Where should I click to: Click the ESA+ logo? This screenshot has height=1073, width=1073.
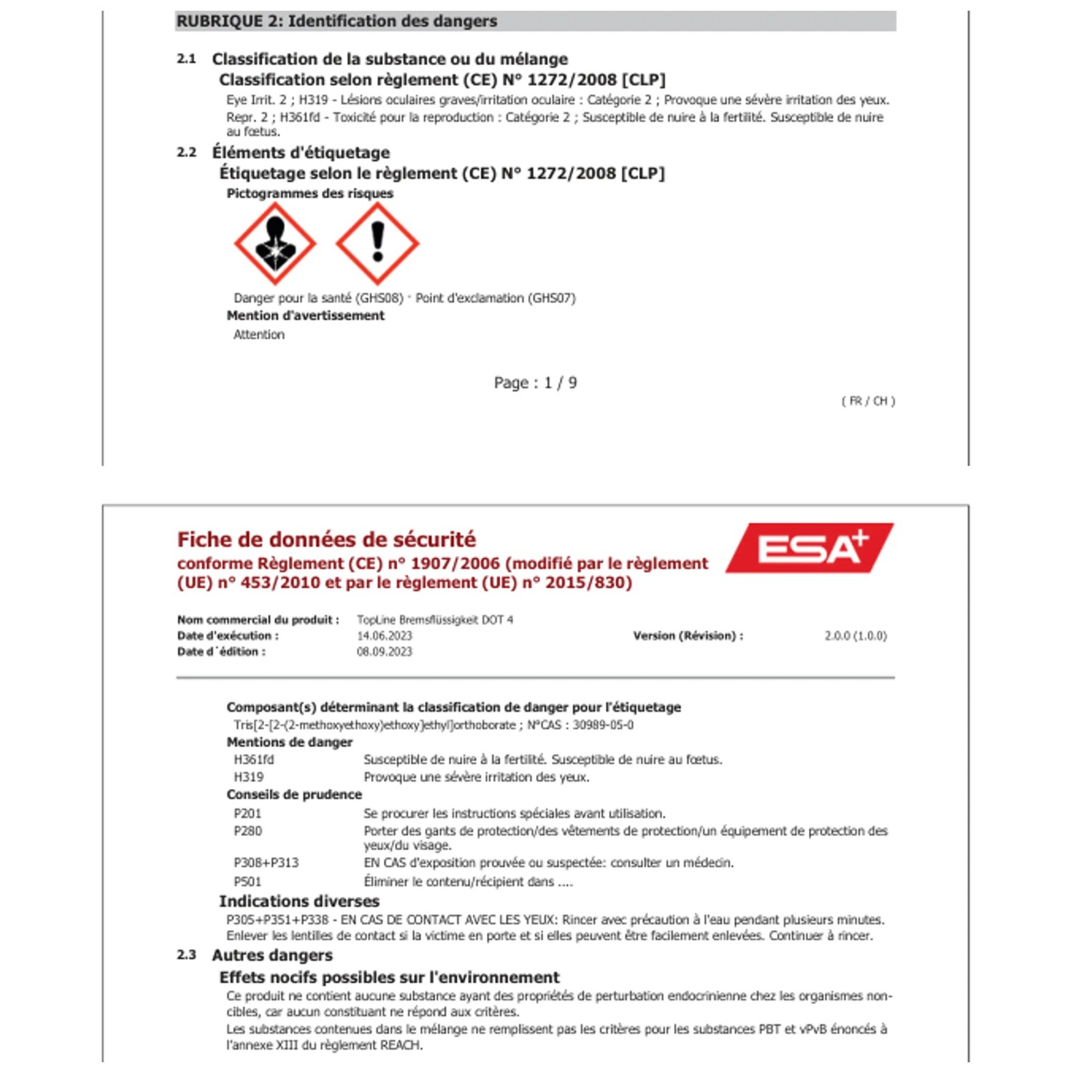tap(810, 548)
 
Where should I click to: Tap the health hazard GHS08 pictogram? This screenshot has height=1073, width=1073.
tap(275, 243)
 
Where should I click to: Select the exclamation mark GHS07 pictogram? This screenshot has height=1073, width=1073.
tap(377, 243)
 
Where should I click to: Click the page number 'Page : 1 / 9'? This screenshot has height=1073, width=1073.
tap(535, 383)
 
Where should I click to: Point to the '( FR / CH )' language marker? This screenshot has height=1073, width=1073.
tap(868, 401)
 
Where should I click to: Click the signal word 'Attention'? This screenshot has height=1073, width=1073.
tap(259, 335)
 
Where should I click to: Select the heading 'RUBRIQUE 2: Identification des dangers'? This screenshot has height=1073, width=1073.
tap(336, 21)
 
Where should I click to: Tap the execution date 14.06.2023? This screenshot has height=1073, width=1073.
tap(385, 636)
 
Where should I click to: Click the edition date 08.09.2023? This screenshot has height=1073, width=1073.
tap(385, 652)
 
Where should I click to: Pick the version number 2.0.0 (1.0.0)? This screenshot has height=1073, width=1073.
tap(856, 636)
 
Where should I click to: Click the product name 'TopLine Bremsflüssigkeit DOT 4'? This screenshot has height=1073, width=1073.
tap(435, 619)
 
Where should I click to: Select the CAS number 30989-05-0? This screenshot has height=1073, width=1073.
tap(603, 725)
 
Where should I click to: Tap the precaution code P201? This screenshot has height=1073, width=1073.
tap(248, 813)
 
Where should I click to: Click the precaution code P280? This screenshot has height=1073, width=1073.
tap(248, 831)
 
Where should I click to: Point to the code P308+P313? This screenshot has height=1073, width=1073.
tap(266, 863)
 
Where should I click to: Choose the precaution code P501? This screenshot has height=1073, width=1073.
tap(248, 882)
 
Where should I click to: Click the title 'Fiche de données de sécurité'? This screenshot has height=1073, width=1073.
tap(326, 539)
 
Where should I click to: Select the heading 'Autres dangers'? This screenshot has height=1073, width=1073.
tap(273, 956)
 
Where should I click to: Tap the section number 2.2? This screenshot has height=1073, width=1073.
tap(187, 152)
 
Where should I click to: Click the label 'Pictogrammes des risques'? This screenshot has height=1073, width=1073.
tap(310, 194)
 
